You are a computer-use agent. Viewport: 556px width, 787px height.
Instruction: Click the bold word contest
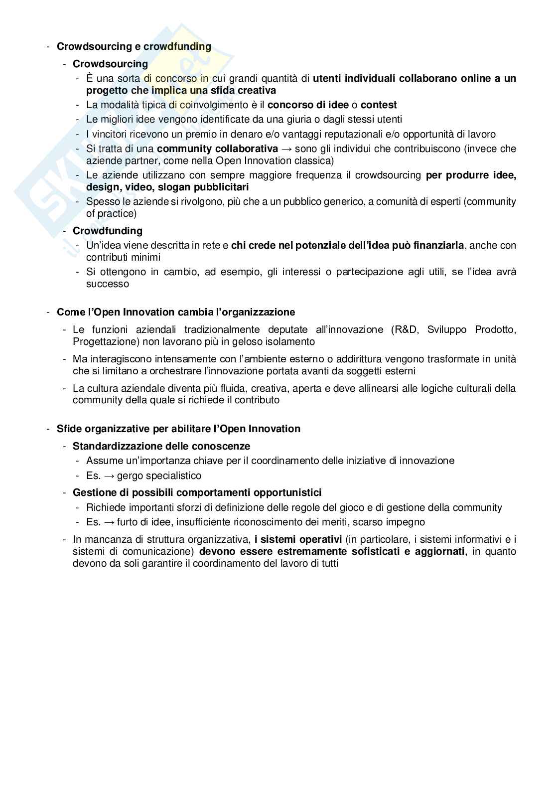[x=379, y=105]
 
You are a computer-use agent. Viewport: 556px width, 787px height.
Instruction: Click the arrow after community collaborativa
[x=286, y=149]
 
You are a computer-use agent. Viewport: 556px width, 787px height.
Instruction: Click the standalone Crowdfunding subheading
[x=108, y=231]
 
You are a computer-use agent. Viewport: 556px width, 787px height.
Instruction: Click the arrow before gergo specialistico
[x=109, y=475]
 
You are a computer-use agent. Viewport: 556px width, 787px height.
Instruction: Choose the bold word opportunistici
[x=287, y=492]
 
